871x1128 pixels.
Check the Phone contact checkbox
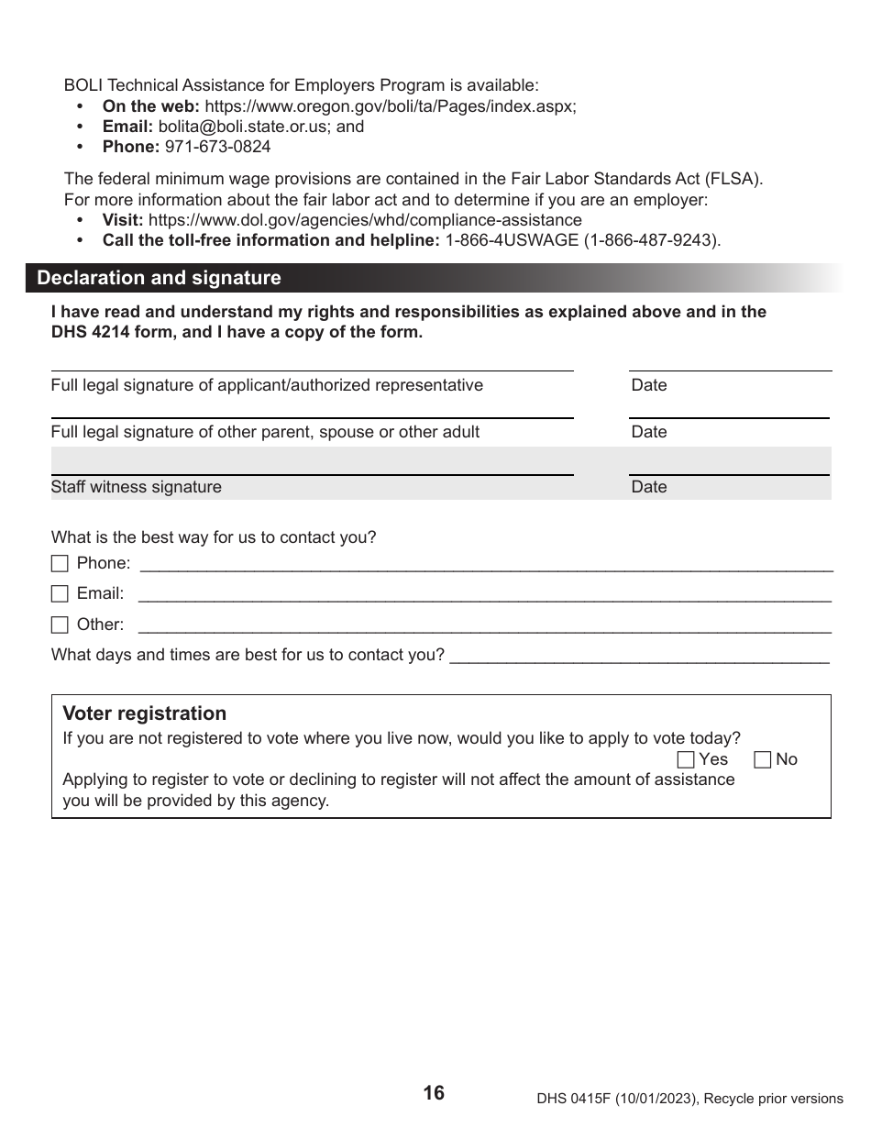[x=60, y=564]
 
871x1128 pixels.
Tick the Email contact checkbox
[x=60, y=594]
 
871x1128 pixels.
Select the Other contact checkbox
[x=60, y=625]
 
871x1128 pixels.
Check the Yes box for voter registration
[x=686, y=759]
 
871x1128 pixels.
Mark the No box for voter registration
[x=763, y=759]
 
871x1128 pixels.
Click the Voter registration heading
[x=144, y=713]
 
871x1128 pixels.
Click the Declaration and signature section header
[x=159, y=278]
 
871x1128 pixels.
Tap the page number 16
[x=434, y=1092]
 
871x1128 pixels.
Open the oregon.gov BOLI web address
[x=390, y=106]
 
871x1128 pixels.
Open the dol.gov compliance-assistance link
[x=365, y=220]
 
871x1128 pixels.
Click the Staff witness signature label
[x=136, y=487]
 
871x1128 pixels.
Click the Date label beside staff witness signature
[x=649, y=487]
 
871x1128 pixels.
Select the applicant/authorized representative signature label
[x=267, y=385]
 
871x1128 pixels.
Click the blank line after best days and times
[x=640, y=655]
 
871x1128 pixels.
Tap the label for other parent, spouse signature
[x=265, y=432]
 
